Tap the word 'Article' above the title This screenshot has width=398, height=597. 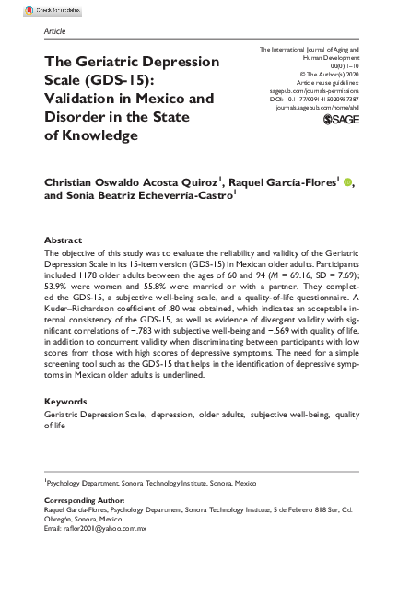(55, 30)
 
